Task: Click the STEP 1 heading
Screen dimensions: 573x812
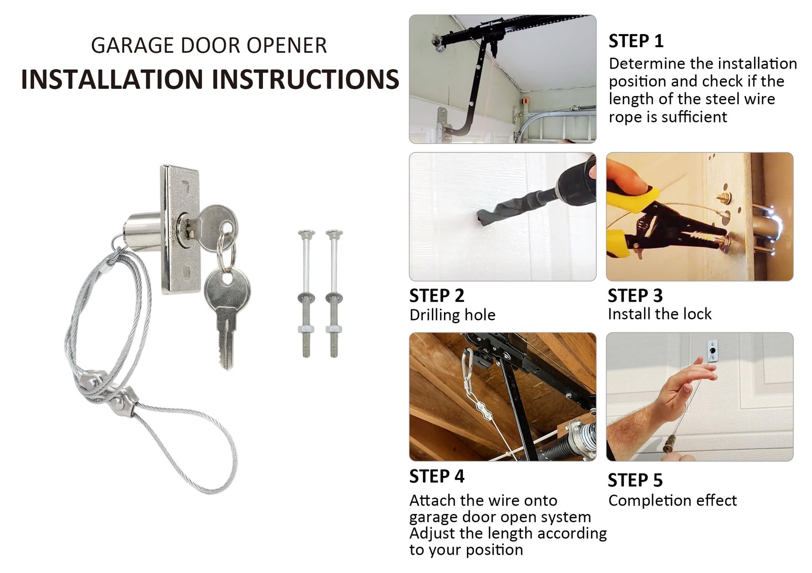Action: (635, 41)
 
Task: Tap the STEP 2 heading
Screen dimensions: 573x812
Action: (436, 296)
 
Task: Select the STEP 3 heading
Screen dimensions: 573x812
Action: (635, 296)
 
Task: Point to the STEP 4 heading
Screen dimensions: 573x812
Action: (436, 476)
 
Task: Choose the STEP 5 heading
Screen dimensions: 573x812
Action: (635, 480)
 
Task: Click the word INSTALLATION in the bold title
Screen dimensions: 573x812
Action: (112, 79)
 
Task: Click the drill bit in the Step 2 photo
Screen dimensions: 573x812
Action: (513, 208)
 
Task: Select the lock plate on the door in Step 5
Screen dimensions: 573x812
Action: (713, 351)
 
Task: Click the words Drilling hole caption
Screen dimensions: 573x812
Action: (452, 315)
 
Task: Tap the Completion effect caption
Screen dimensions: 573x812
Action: (672, 500)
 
